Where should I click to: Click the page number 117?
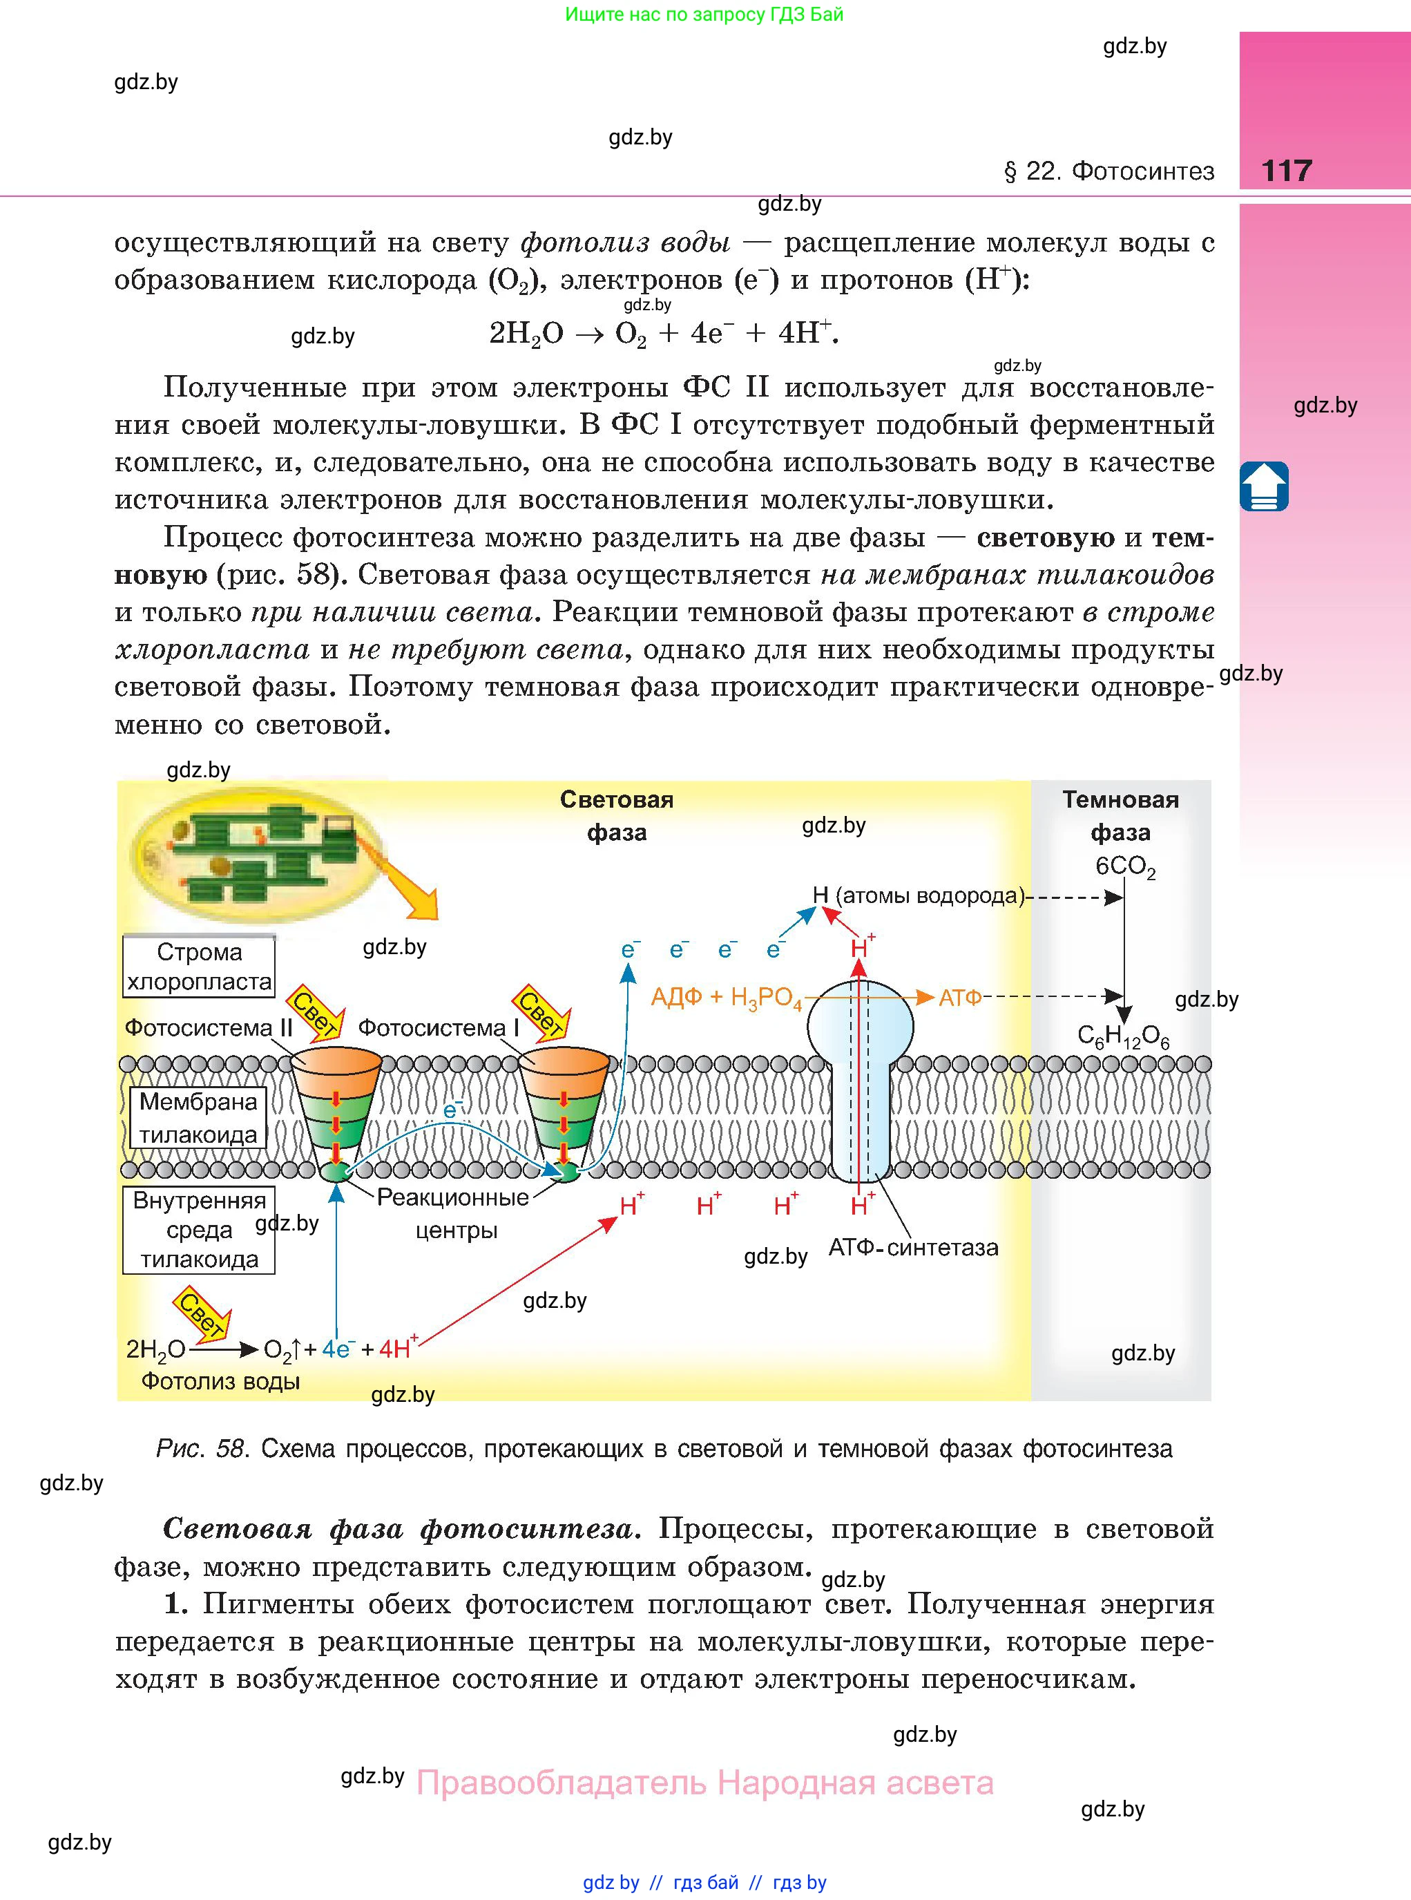click(1285, 170)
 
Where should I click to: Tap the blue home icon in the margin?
click(1263, 486)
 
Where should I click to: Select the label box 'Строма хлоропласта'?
click(199, 966)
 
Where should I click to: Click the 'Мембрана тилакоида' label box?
click(198, 1117)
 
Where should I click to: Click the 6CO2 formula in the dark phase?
click(1125, 866)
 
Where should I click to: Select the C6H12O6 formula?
click(1122, 1036)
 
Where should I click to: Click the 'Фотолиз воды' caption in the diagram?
click(220, 1380)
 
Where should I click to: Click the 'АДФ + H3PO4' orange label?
click(726, 998)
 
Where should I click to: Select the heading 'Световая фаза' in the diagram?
click(617, 816)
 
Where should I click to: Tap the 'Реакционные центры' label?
click(454, 1213)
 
